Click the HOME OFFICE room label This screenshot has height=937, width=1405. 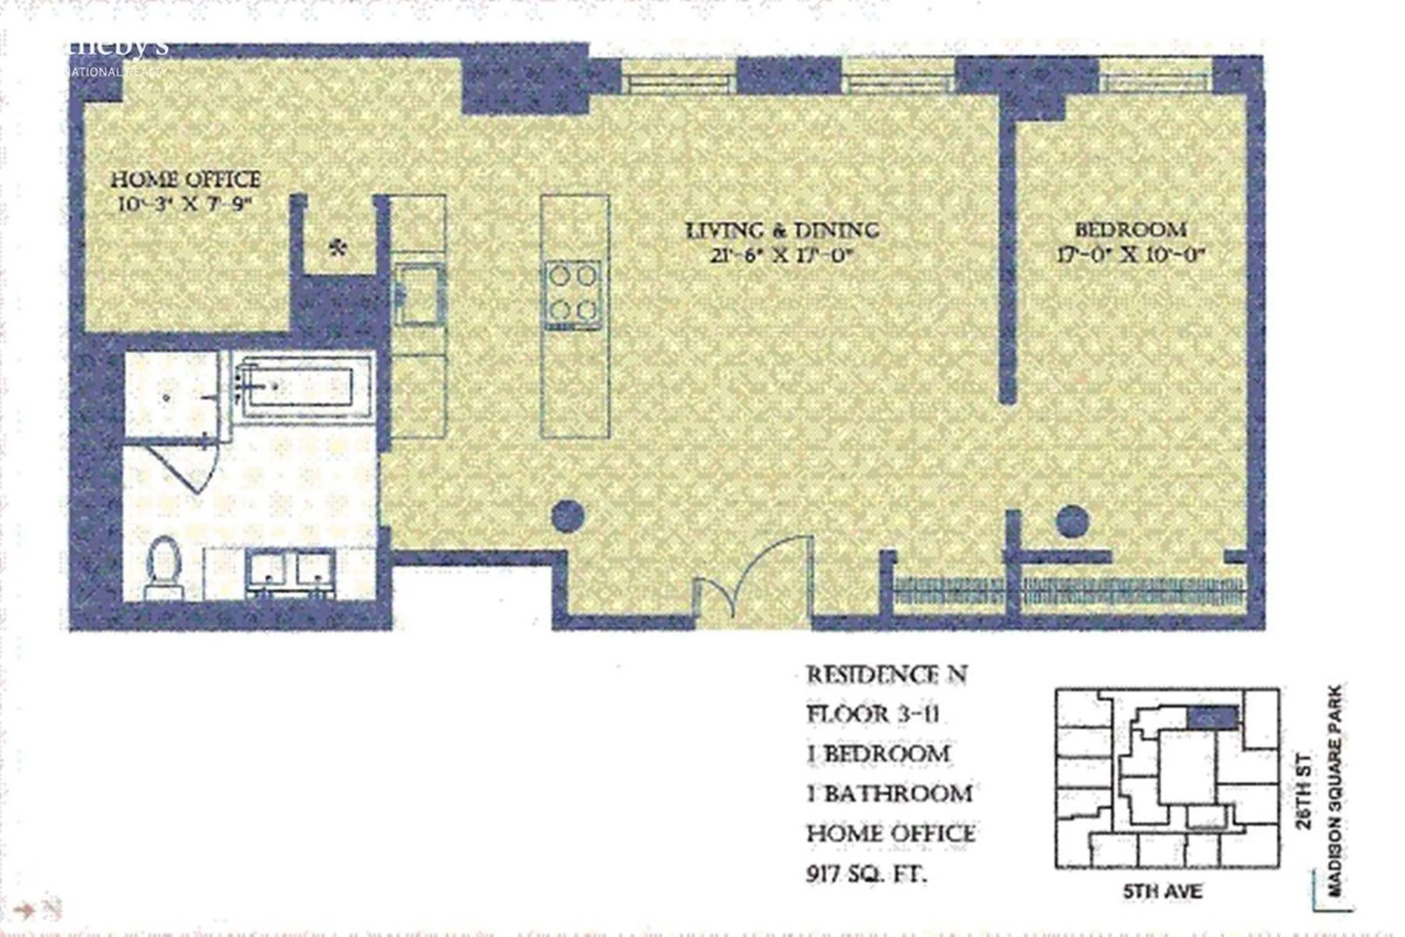point(186,179)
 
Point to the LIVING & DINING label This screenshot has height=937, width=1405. point(783,230)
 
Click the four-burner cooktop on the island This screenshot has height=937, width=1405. point(573,294)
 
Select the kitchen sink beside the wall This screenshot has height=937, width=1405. point(418,294)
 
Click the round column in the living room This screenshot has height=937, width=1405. point(568,516)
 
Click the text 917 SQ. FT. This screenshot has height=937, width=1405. point(866,876)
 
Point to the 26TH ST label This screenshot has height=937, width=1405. point(1304,792)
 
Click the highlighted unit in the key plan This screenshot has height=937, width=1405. point(1212,716)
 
